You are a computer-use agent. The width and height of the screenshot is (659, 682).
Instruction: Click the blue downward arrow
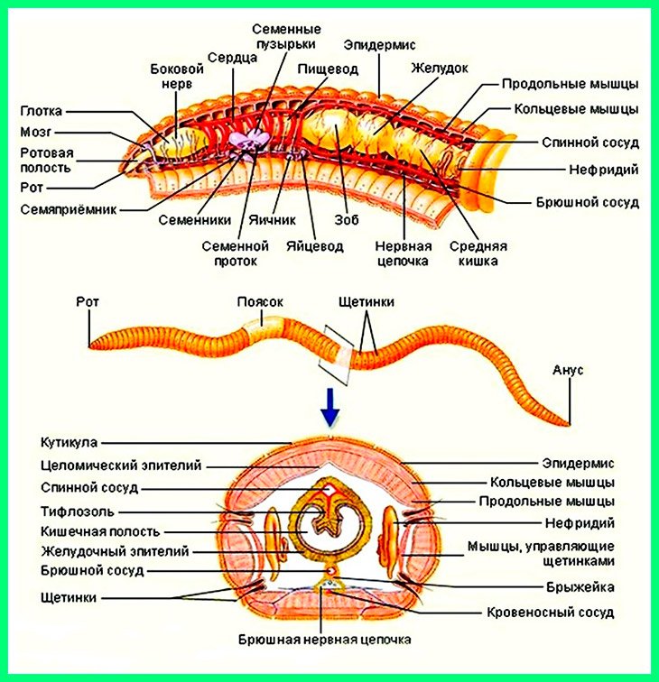tap(331, 409)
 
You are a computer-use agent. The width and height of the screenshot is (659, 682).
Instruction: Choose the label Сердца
tap(232, 56)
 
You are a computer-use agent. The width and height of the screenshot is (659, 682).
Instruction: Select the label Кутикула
tap(70, 442)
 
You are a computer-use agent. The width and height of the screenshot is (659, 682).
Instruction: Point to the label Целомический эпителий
tap(121, 465)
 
